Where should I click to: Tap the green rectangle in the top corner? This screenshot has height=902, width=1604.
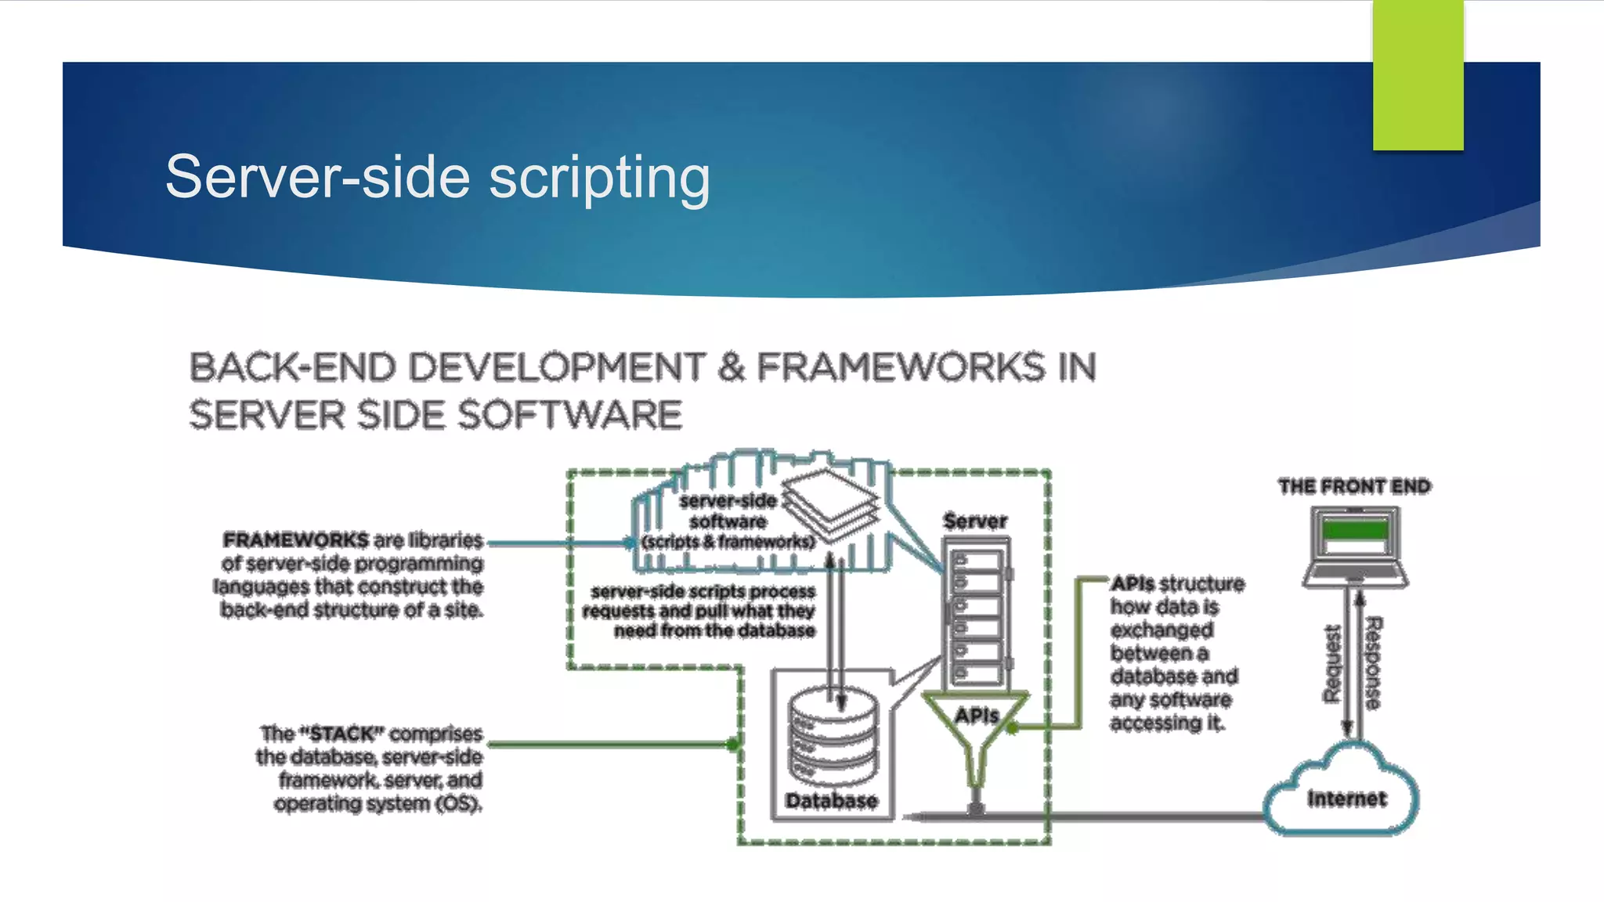(1418, 74)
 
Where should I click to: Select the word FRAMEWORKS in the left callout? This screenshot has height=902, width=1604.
(295, 540)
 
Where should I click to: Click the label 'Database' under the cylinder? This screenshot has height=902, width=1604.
(832, 800)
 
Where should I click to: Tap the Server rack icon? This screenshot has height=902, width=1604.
(977, 615)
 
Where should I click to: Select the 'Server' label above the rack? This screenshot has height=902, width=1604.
(975, 521)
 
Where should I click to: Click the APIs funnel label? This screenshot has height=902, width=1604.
(976, 715)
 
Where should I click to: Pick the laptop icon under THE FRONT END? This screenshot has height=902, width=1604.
(1355, 547)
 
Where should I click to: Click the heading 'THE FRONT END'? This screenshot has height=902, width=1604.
(1354, 486)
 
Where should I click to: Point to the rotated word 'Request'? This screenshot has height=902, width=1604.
(1331, 663)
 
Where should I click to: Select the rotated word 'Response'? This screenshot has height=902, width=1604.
(1373, 663)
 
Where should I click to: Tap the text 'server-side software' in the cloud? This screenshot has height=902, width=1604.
(728, 511)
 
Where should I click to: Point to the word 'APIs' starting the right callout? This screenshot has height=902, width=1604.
(1133, 583)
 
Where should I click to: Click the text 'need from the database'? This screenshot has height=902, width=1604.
(714, 630)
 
